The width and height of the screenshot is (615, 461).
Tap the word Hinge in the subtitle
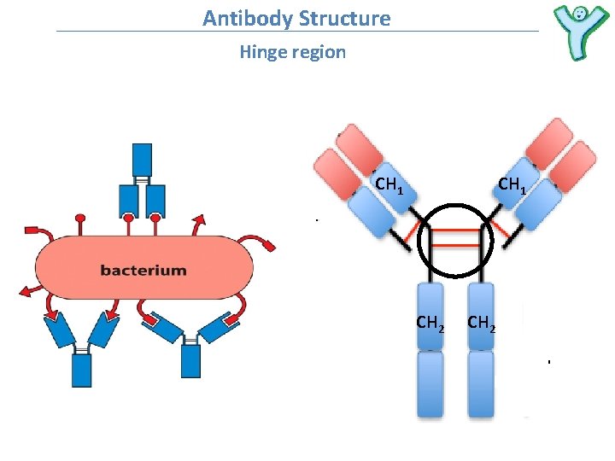pyautogui.click(x=263, y=52)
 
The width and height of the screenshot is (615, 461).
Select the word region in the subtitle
pyautogui.click(x=319, y=52)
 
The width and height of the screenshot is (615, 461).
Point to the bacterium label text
pyautogui.click(x=143, y=271)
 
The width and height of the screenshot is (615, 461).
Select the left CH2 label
pyautogui.click(x=430, y=323)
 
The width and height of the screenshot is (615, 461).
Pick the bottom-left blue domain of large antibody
pyautogui.click(x=430, y=384)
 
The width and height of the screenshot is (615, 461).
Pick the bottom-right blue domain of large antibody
pyautogui.click(x=481, y=384)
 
